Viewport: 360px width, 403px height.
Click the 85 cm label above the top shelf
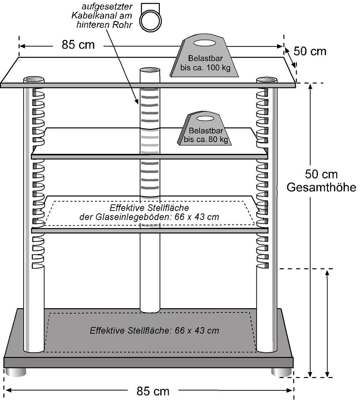(x=78, y=45)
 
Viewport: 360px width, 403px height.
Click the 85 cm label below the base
(x=153, y=391)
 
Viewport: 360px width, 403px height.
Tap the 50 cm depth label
(x=310, y=52)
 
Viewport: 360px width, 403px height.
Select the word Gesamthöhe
(x=321, y=187)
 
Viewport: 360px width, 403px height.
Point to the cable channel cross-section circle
(x=150, y=20)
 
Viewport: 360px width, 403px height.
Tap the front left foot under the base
(x=16, y=372)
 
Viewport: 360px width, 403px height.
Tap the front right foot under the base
(x=281, y=372)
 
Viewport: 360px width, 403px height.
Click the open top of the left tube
(x=34, y=79)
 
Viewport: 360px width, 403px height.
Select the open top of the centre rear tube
(x=150, y=70)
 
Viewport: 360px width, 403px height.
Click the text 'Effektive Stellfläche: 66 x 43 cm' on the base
(x=154, y=330)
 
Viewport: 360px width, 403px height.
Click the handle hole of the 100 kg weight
(x=205, y=43)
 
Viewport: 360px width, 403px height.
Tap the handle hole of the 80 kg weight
(x=206, y=118)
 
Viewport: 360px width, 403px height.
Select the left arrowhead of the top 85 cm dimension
(x=22, y=46)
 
